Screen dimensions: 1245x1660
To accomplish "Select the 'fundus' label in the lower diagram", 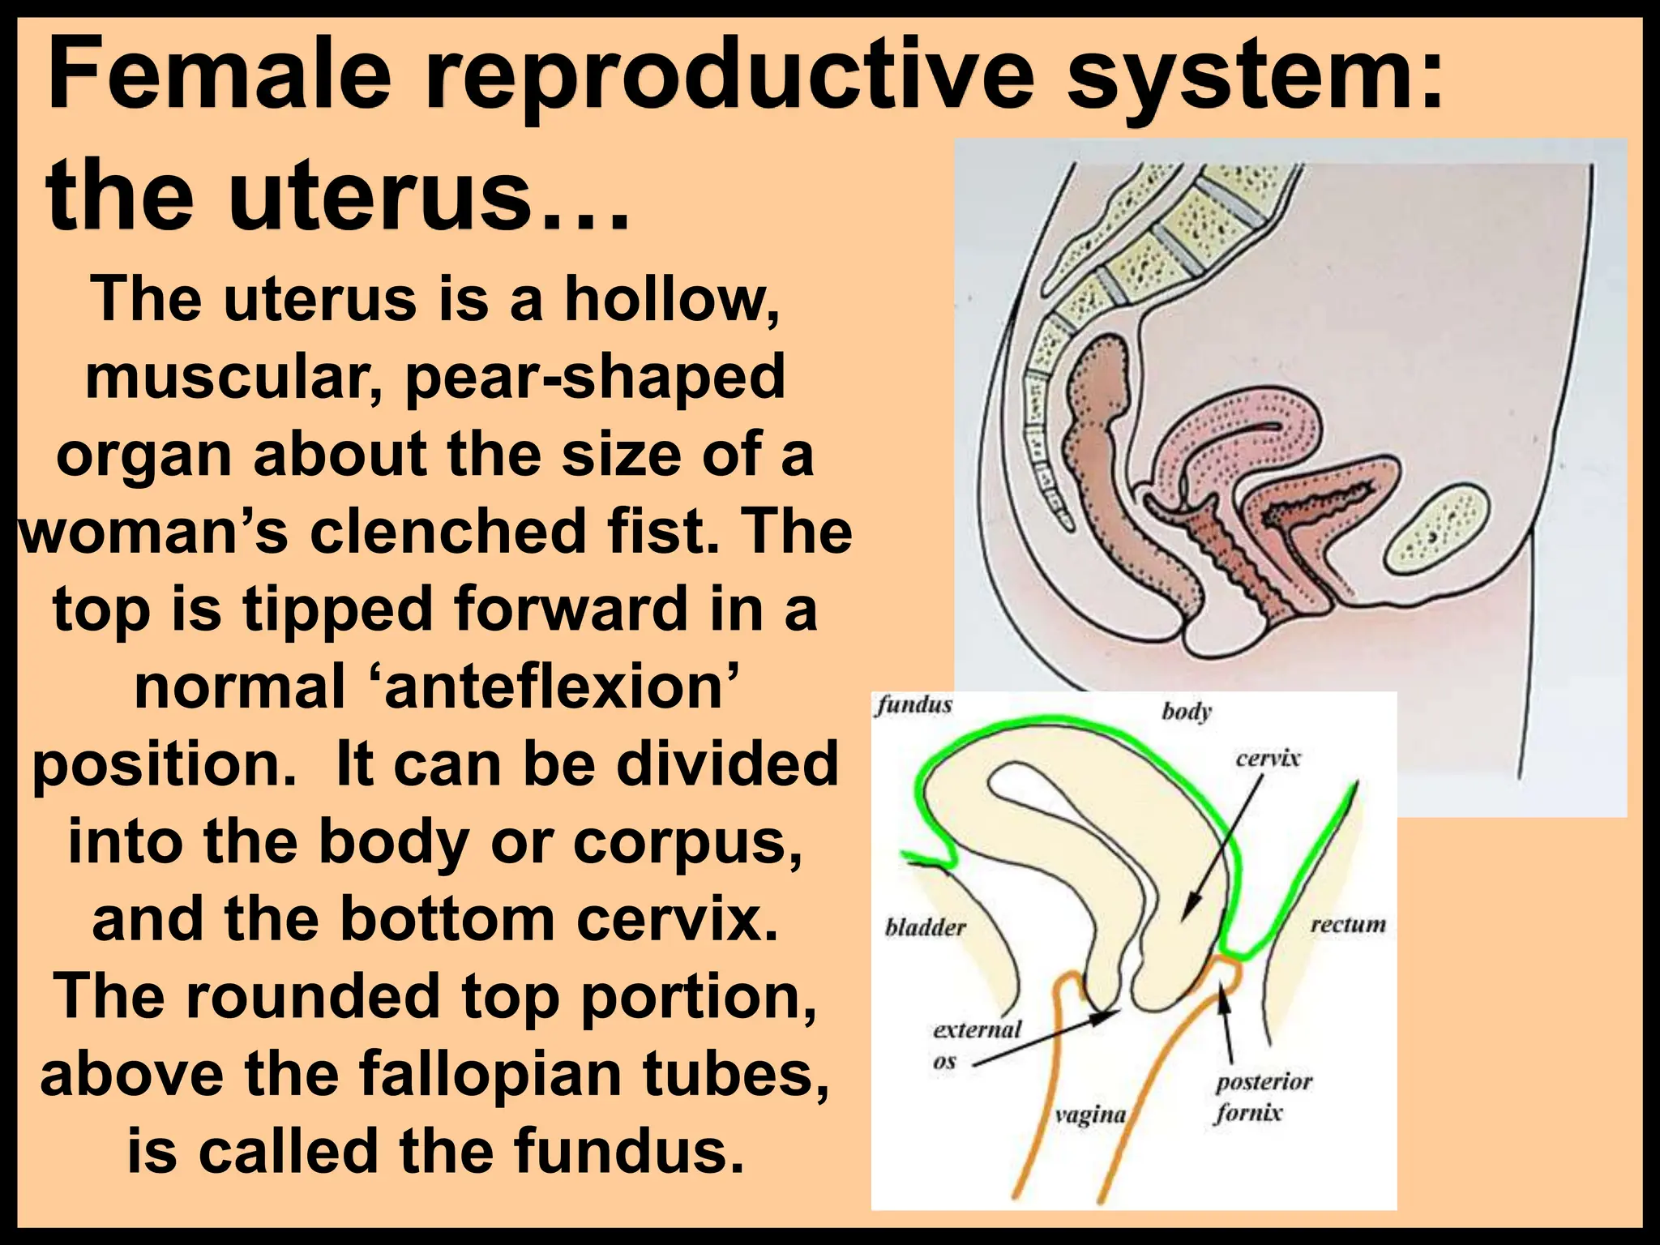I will click(x=913, y=705).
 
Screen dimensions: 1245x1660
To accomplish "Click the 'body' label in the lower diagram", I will click(x=1186, y=712).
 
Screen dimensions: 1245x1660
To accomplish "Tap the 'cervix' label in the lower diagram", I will click(x=1268, y=759).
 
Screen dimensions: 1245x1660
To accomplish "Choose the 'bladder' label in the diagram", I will click(x=926, y=927).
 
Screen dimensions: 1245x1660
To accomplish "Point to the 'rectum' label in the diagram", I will click(x=1348, y=925).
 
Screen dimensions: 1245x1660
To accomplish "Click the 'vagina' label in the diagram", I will click(x=1090, y=1115).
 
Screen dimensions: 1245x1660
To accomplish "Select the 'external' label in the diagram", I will click(x=977, y=1029).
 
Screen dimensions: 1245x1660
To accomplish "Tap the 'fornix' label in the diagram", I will click(x=1248, y=1113).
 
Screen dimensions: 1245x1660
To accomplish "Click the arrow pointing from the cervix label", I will click(x=1222, y=847).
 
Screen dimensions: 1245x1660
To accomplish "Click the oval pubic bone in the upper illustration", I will click(x=1436, y=528).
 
